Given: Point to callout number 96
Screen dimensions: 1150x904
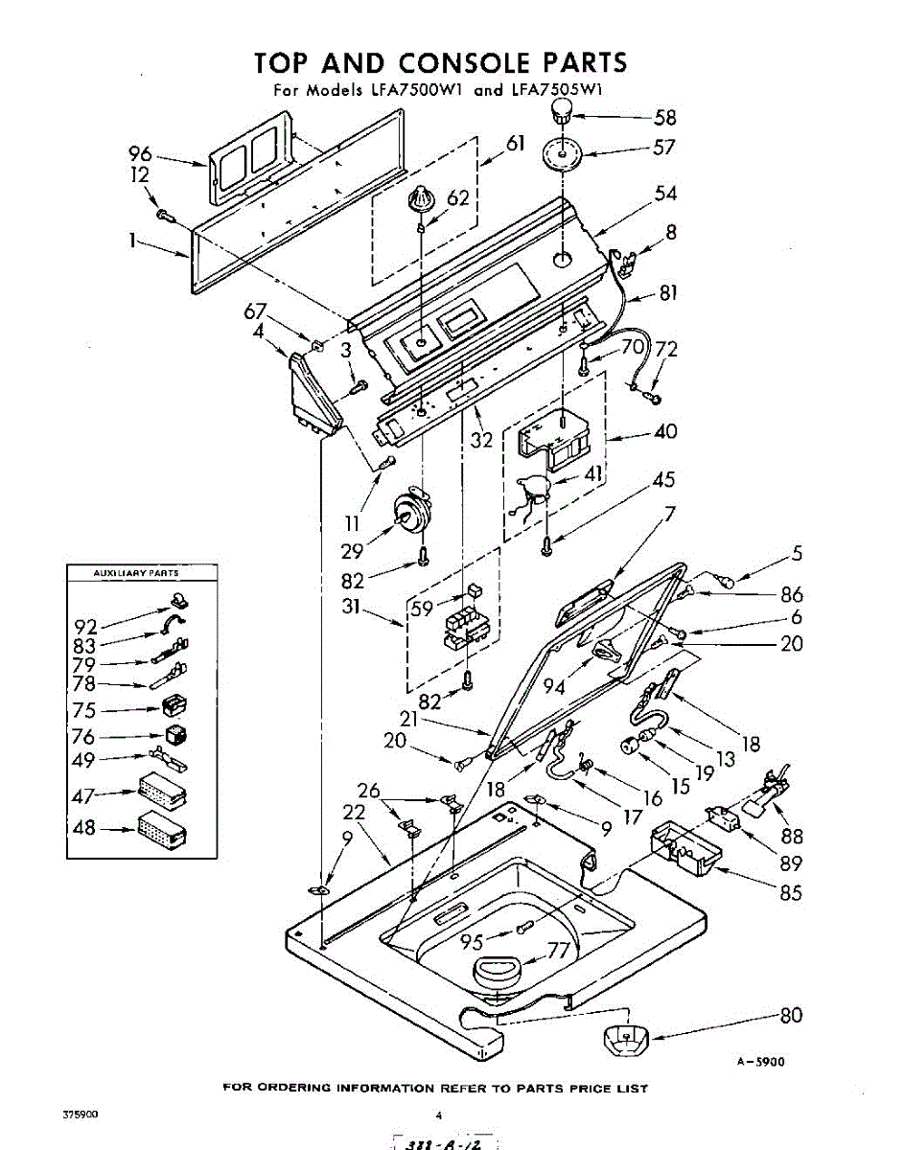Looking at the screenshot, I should [141, 152].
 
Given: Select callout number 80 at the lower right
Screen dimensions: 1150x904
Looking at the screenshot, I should [791, 1016].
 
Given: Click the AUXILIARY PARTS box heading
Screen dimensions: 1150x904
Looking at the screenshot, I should [135, 572].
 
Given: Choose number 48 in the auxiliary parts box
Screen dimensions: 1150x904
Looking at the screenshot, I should [84, 826].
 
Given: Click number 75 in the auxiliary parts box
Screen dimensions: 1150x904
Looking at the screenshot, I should [84, 710].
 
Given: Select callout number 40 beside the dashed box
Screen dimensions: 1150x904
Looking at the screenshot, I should [664, 432].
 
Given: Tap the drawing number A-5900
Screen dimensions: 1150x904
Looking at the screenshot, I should [761, 1061].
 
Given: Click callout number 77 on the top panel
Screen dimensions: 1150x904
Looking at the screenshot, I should [558, 951].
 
